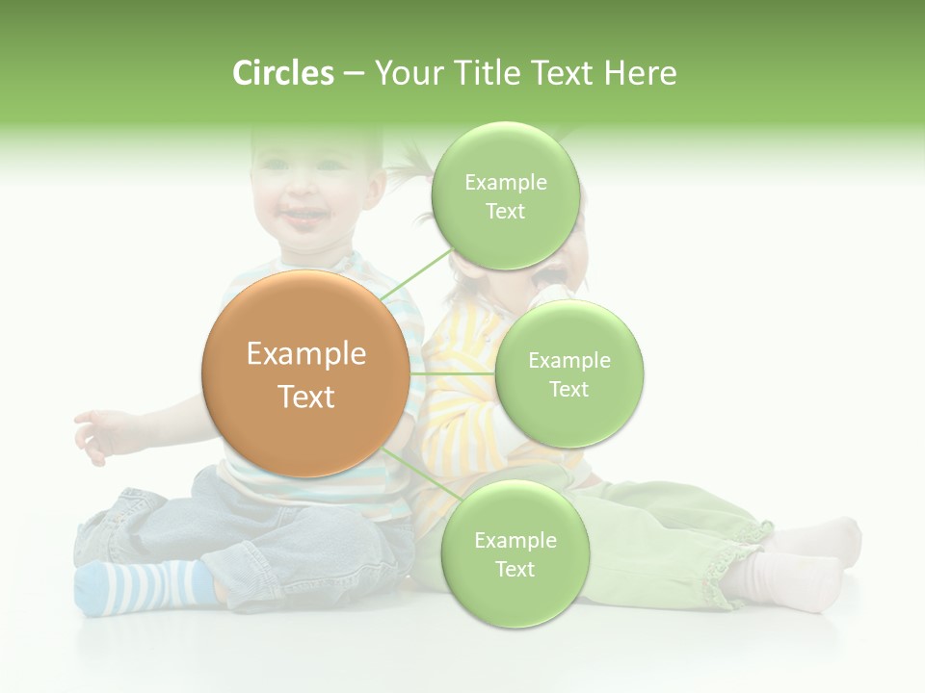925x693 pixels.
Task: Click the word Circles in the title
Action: [282, 73]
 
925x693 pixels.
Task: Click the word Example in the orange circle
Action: [305, 354]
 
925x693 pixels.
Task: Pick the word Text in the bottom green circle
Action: [515, 569]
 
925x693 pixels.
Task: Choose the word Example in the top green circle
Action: [505, 182]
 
